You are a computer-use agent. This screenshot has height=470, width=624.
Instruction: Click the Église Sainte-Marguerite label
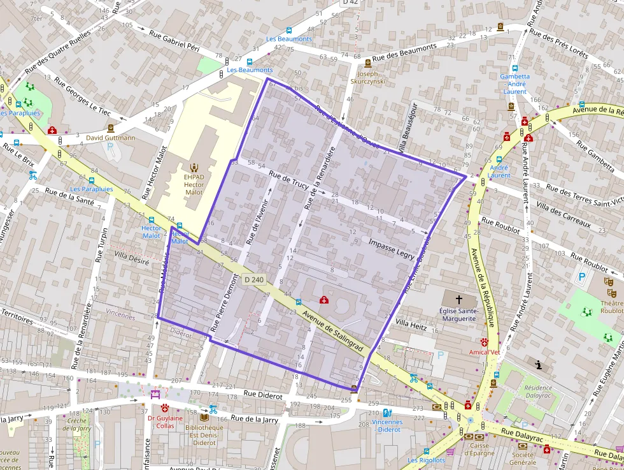[458, 314]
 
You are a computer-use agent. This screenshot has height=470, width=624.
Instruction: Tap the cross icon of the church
[458, 298]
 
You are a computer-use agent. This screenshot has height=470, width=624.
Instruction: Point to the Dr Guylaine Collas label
[165, 422]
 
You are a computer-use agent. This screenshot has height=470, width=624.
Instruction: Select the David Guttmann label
[111, 137]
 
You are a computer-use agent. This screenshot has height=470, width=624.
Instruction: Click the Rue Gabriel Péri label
[174, 41]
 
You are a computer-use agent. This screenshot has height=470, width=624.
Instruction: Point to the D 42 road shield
[350, 3]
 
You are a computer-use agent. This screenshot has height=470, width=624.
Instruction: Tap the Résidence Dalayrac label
[538, 392]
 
